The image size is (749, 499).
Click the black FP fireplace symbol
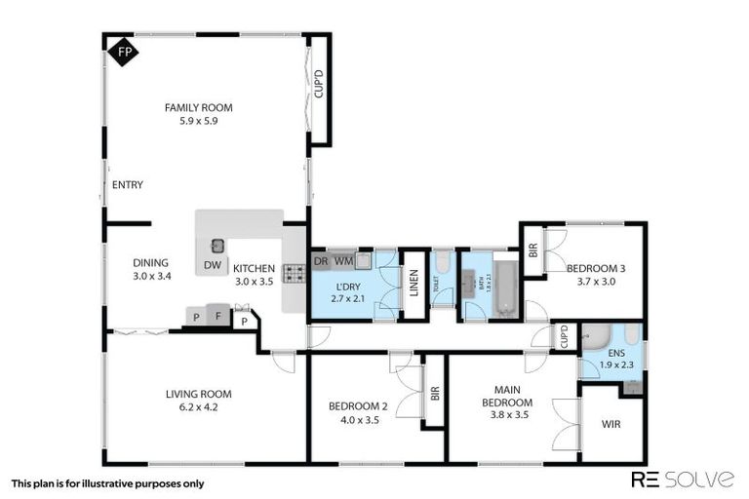[x=122, y=51]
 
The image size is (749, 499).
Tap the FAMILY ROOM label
[x=198, y=108]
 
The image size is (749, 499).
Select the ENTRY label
[x=128, y=184]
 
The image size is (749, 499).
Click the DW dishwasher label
[x=212, y=264]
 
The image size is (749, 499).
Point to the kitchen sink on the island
[x=218, y=246]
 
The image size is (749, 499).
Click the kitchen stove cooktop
[x=294, y=274]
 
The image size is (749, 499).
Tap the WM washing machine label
[x=343, y=261]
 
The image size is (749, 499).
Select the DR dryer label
[x=321, y=261]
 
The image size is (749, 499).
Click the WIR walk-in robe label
[x=611, y=424]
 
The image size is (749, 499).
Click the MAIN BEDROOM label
[x=506, y=397]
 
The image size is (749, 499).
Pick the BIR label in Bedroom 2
[x=435, y=394]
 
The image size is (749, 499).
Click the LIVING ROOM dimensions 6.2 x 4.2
[x=198, y=407]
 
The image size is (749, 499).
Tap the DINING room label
[x=151, y=262]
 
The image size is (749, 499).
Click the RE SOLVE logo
[x=683, y=479]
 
